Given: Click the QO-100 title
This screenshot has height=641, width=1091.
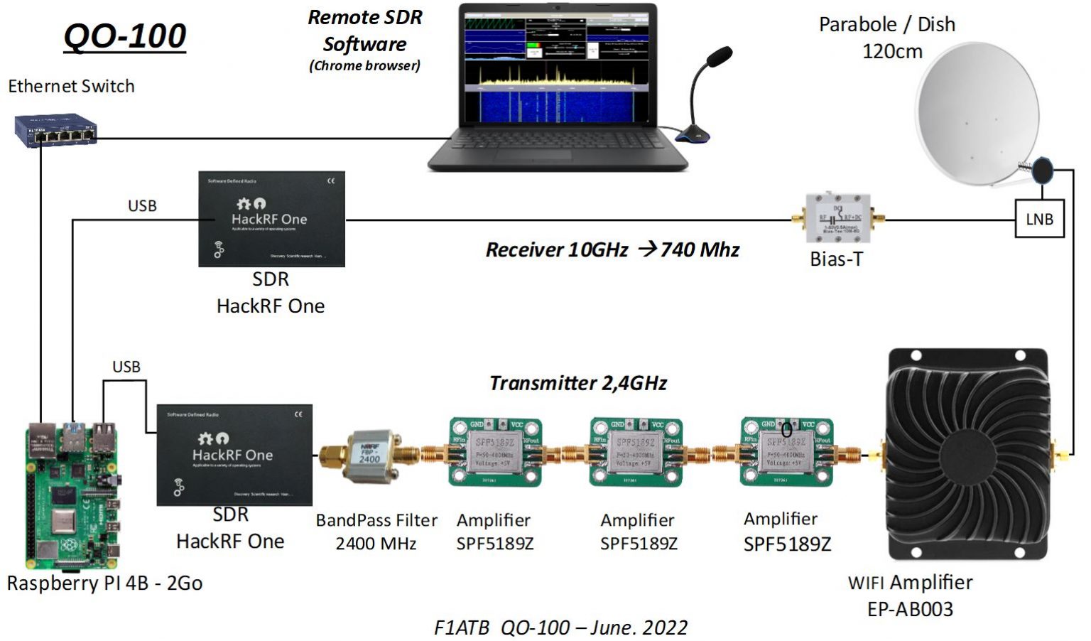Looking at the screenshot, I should coord(125,36).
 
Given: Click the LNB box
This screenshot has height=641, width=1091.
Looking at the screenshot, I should coord(1039,219).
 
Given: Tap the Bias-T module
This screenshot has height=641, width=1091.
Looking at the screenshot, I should coord(837,219).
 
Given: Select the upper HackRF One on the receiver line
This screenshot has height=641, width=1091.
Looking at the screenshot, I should coord(271,219).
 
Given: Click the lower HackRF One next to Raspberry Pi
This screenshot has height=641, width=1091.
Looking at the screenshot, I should coord(234,455).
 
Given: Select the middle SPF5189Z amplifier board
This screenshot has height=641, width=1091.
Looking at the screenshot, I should coord(636,452).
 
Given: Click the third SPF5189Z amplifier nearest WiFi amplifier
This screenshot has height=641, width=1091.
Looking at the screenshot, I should coord(786,452).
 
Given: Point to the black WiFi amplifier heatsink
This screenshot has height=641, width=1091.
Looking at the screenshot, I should coord(967,455).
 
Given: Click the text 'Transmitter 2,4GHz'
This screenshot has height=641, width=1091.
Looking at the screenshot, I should coord(578,384).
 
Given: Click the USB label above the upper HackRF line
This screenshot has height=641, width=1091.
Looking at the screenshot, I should coord(142,206).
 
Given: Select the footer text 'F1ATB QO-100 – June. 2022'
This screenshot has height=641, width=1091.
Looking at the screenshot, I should coord(560,627).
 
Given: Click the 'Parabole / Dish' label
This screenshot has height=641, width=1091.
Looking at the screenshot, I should coord(886,25).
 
